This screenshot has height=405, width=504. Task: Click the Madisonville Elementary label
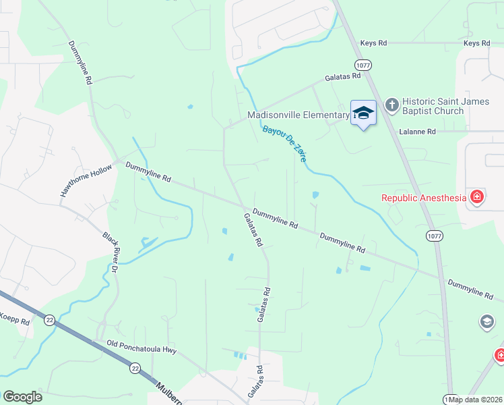coord(298,115)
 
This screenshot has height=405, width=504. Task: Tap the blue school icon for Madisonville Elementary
coord(363,113)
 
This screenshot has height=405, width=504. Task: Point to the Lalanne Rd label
coord(417,132)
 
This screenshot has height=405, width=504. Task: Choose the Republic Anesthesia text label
coord(424,198)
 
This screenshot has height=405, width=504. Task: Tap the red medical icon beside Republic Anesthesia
coord(477,197)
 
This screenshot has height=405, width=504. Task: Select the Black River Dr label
coord(111,252)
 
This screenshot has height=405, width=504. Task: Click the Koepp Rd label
coord(15,319)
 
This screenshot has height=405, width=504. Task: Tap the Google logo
coord(22,397)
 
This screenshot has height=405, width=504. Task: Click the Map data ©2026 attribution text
coord(476,400)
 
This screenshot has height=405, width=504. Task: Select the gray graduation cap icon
coord(486,322)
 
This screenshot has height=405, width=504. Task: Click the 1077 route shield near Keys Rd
coord(363,65)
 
